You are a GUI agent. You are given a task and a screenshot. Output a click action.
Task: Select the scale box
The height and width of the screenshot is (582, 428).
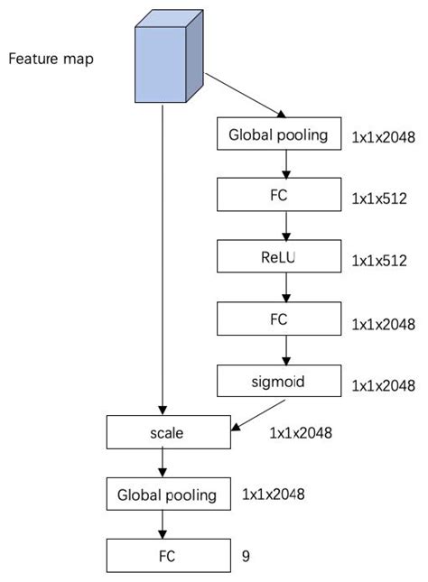point(169,432)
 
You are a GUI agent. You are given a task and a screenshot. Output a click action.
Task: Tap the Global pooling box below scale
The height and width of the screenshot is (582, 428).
point(168,494)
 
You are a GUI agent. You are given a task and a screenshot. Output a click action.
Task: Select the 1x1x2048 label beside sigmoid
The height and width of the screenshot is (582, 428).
point(384,385)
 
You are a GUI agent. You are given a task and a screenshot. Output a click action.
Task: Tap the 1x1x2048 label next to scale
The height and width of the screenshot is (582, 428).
point(301,433)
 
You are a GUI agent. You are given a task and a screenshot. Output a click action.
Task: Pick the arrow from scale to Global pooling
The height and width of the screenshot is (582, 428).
point(163,464)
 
